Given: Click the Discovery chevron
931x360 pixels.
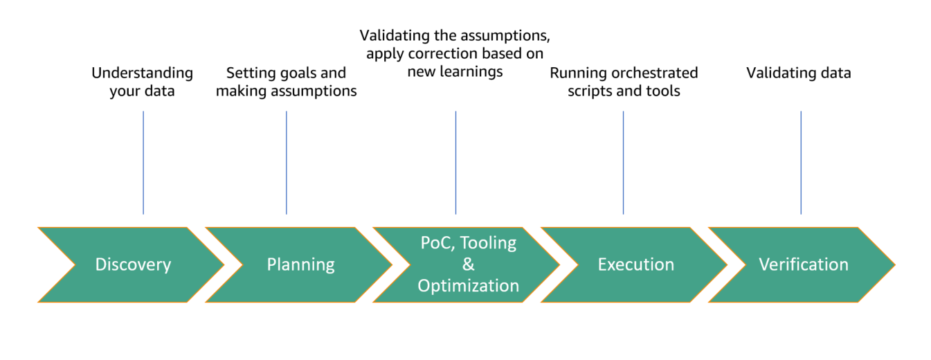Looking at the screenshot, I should click(x=132, y=264).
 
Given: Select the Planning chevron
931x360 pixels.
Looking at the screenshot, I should click(x=300, y=264).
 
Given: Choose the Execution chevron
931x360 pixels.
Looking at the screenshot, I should click(x=635, y=264).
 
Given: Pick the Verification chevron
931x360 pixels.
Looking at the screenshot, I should click(x=803, y=264).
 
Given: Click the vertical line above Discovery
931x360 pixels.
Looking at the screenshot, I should click(x=143, y=163).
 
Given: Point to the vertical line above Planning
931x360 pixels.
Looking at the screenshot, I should click(x=286, y=163).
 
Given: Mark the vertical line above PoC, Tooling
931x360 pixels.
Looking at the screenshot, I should click(x=455, y=163).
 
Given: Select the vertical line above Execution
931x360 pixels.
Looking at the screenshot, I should click(x=623, y=163).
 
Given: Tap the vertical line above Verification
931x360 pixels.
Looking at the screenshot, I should click(x=801, y=163).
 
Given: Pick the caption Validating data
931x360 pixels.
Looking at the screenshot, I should click(x=798, y=73).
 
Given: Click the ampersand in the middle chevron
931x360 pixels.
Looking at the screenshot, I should click(x=468, y=264).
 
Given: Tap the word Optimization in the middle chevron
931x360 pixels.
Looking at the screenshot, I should click(x=468, y=285).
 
